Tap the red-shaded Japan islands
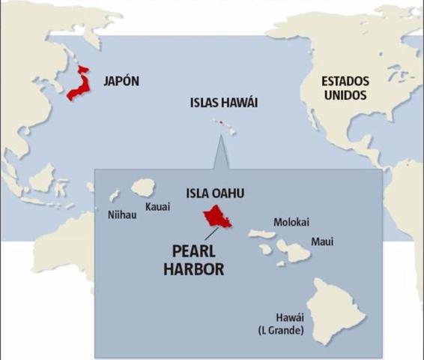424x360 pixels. tap(79, 85)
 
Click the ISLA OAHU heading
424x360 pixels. tap(216, 193)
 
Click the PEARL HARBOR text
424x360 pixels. tap(193, 259)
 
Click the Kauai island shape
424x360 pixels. tap(142, 187)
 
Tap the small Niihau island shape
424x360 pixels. tap(115, 196)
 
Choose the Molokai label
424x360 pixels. tap(291, 222)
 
